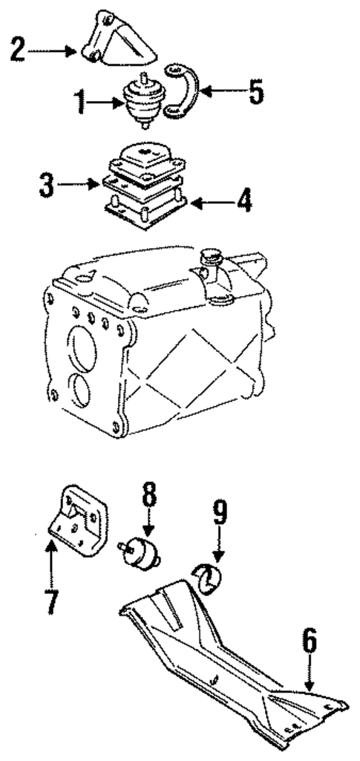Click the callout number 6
[x=310, y=643]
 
